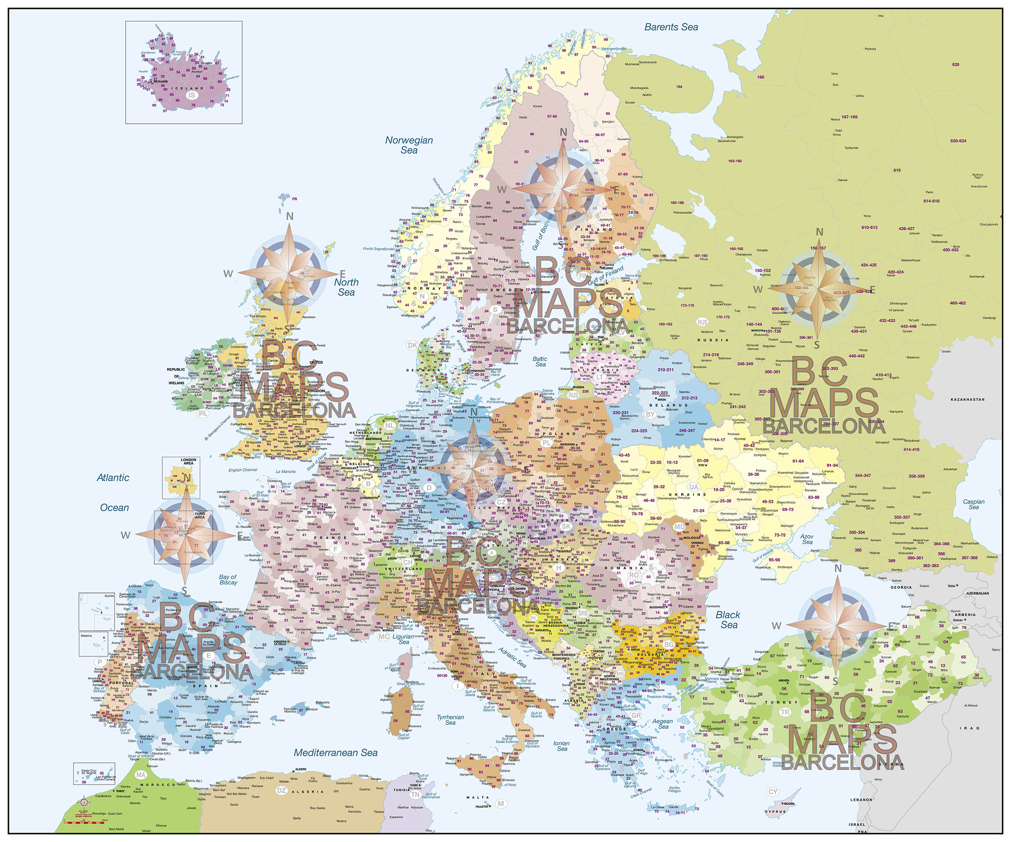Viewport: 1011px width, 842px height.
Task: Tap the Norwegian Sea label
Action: click(x=409, y=145)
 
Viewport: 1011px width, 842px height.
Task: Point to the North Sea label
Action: click(x=346, y=287)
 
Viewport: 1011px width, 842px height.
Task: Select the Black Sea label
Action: click(x=728, y=620)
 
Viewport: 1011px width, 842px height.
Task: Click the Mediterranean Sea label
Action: click(x=336, y=752)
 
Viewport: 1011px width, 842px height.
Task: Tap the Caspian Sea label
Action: click(x=974, y=504)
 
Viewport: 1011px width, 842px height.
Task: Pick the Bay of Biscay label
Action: click(x=228, y=580)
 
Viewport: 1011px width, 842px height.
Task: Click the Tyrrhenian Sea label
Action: click(x=451, y=720)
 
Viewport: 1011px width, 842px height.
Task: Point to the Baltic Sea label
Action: click(x=540, y=361)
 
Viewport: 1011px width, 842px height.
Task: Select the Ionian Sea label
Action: click(x=561, y=746)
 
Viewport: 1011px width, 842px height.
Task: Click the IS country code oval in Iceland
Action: click(x=192, y=95)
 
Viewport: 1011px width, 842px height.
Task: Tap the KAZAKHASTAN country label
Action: click(x=967, y=400)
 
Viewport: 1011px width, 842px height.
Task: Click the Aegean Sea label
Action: click(x=663, y=723)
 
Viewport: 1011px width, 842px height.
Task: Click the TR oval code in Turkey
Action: click(x=785, y=712)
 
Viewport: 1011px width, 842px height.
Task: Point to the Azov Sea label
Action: click(x=807, y=539)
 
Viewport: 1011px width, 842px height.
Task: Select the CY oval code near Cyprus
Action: click(x=773, y=792)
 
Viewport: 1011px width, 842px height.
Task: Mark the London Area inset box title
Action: click(x=188, y=462)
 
